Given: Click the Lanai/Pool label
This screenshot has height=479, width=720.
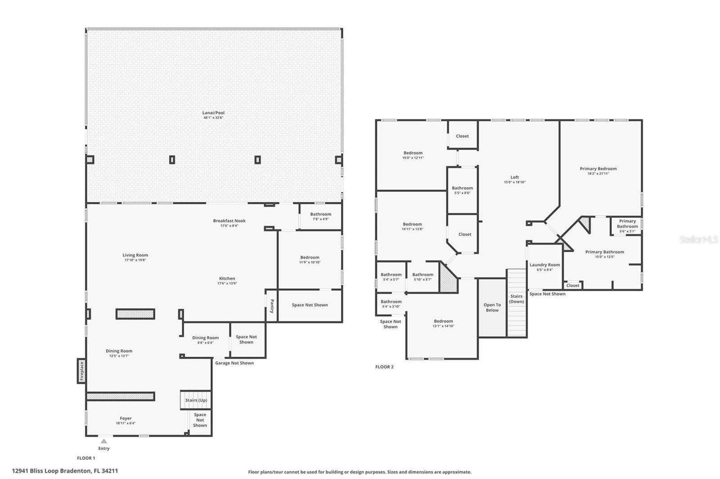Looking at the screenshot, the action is tap(213, 113).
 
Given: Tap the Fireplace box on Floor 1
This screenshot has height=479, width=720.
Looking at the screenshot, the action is tap(81, 371).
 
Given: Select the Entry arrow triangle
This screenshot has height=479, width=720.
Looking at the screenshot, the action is tap(103, 441).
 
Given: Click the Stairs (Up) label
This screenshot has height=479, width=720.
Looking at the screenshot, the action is tap(196, 400).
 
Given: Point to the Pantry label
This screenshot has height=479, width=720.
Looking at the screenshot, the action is tap(272, 306).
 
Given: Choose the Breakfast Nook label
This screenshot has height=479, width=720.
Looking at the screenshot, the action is tap(229, 221).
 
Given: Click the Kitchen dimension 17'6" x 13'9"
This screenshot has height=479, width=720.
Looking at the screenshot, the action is tap(227, 284).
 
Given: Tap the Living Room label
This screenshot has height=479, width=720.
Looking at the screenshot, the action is tap(135, 255).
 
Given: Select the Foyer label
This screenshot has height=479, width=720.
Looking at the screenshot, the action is tap(126, 418).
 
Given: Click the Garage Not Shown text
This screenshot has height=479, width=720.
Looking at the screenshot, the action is tap(234, 363).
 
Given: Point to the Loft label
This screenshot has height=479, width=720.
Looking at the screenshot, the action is tap(515, 177).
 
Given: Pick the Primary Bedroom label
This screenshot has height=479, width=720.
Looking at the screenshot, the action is tap(598, 169).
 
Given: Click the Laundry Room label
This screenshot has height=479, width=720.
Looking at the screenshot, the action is tap(545, 265).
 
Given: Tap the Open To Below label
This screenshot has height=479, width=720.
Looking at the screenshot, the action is tap(492, 307).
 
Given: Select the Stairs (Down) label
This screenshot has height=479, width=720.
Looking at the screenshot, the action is tap(517, 299).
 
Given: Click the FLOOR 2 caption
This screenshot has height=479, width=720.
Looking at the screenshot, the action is tap(384, 367).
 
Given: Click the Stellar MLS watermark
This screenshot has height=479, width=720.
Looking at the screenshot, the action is tap(699, 239).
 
